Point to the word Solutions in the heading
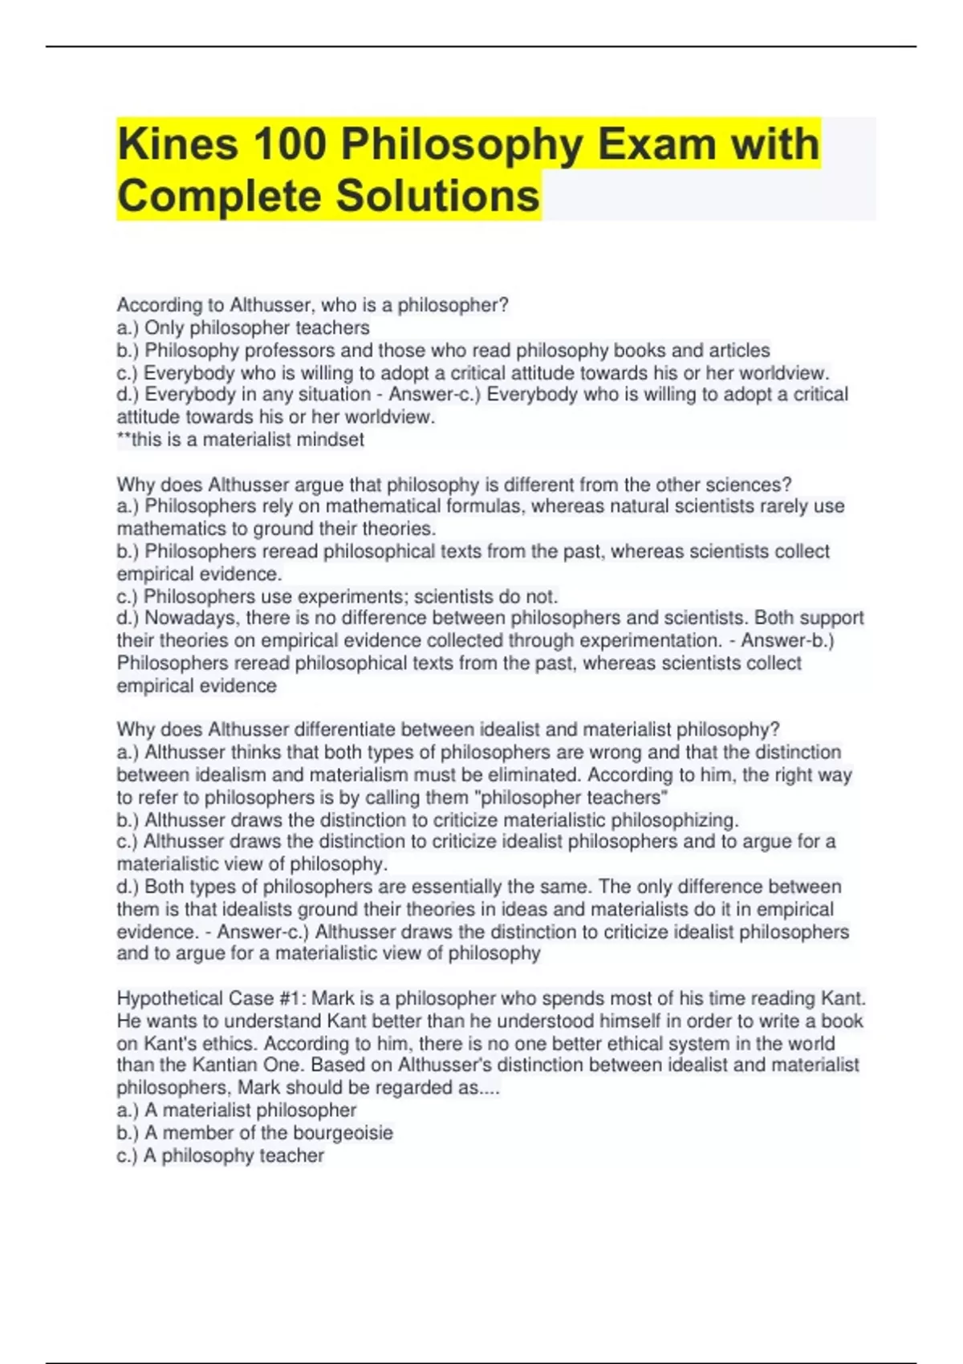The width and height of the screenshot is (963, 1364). [437, 197]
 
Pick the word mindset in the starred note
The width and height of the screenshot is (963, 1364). [330, 440]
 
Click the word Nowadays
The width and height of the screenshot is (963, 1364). [190, 618]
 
